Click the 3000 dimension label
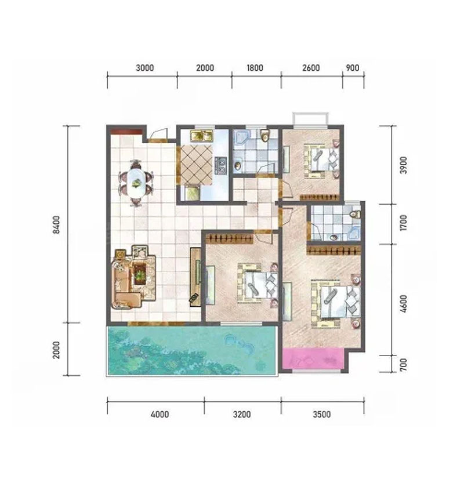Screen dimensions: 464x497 (145, 68)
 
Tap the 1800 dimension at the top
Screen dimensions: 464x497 (255, 68)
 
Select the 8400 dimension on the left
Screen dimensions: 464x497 (56, 225)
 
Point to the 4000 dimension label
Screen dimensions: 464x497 (159, 414)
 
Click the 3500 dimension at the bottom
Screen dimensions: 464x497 (322, 414)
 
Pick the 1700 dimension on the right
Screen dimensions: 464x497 (403, 223)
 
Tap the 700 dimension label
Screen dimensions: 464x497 (403, 365)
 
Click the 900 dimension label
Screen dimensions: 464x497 (353, 68)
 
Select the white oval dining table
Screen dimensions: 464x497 (136, 183)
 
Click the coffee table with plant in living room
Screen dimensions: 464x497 (139, 274)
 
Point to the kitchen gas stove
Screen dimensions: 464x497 (221, 165)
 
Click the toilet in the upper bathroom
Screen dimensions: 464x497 (264, 135)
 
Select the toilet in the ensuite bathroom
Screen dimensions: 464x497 (356, 214)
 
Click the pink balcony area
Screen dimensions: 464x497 (313, 358)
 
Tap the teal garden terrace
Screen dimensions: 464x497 (192, 350)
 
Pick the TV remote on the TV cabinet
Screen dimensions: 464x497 (194, 298)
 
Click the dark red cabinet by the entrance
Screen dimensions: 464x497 (126, 130)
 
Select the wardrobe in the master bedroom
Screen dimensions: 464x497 (333, 251)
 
